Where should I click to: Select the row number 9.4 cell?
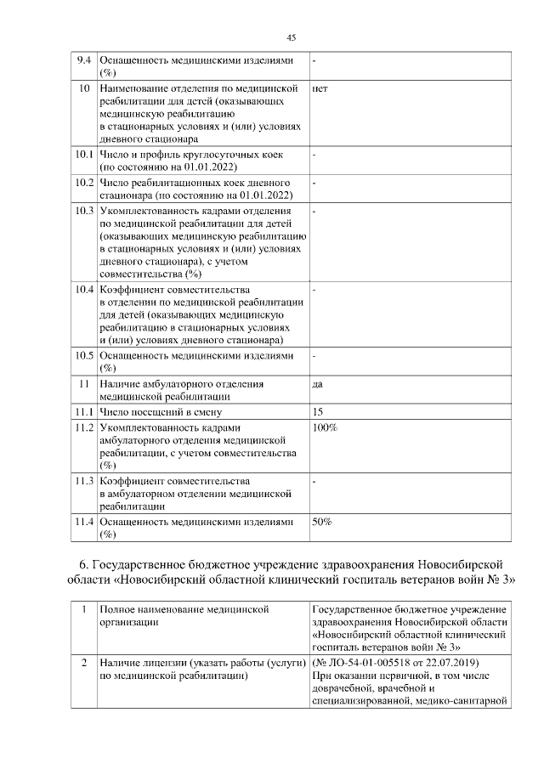click(83, 61)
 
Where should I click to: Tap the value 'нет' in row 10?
click(320, 88)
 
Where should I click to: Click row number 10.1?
click(83, 155)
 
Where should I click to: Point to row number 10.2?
click(83, 183)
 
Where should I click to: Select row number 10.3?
click(83, 210)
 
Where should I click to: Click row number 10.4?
click(83, 290)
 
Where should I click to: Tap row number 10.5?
click(83, 355)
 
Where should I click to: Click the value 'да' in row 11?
click(317, 384)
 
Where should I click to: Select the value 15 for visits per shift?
click(317, 411)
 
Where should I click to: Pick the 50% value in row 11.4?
click(322, 521)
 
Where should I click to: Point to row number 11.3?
click(83, 480)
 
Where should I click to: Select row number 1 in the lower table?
click(83, 609)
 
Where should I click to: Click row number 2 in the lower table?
click(83, 662)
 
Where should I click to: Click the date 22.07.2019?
click(452, 662)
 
